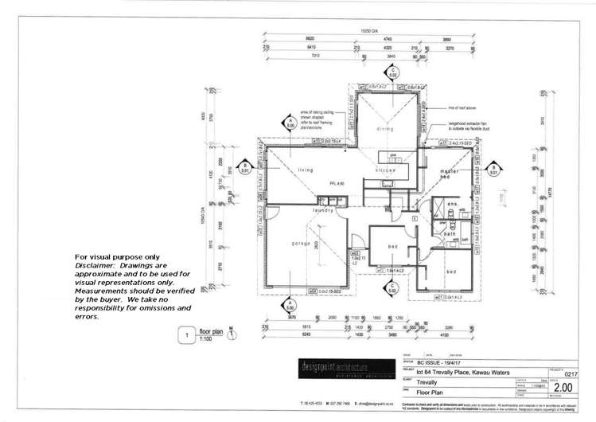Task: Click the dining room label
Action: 384,128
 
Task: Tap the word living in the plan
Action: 305,169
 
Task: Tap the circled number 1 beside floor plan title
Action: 185,336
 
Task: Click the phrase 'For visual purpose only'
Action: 117,256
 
